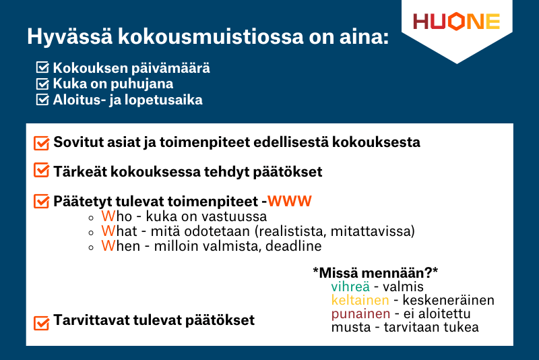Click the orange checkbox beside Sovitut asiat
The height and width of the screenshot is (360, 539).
pyautogui.click(x=41, y=143)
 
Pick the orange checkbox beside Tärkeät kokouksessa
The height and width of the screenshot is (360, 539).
pyautogui.click(x=41, y=172)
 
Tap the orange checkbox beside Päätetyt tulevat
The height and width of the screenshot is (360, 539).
pyautogui.click(x=41, y=202)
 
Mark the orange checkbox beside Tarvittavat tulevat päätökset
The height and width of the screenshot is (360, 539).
pyautogui.click(x=41, y=323)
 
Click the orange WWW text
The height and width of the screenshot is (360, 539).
pyautogui.click(x=290, y=201)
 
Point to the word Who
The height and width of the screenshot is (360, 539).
pyautogui.click(x=116, y=217)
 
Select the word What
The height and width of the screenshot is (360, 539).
pyautogui.click(x=118, y=232)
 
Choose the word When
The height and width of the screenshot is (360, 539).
pyautogui.click(x=119, y=247)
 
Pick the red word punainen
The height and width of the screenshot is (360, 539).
pyautogui.click(x=360, y=314)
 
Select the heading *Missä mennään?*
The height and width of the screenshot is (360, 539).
pyautogui.click(x=375, y=272)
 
